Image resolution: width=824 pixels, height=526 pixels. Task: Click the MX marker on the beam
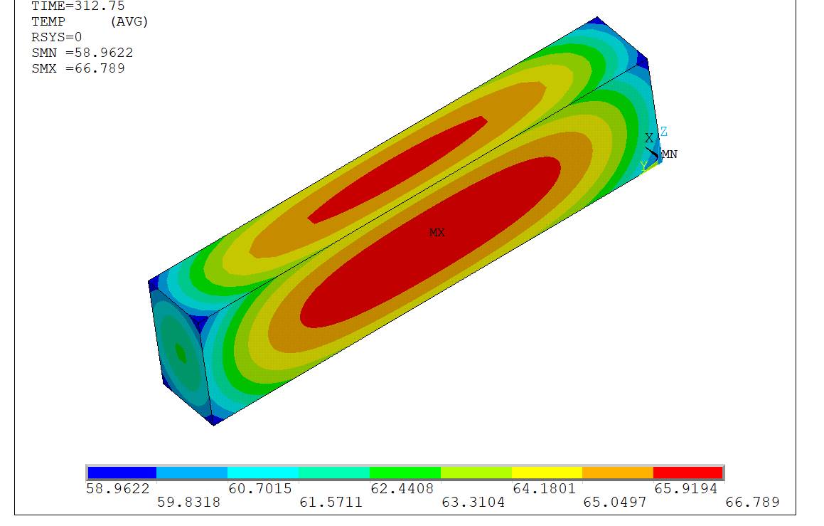[x=437, y=233]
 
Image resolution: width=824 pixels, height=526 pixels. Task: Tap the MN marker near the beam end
[x=670, y=154]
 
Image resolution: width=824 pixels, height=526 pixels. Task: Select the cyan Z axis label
[x=664, y=132]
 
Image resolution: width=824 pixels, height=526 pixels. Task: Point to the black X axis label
[x=649, y=138]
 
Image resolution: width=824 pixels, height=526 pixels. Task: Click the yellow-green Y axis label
[x=643, y=167]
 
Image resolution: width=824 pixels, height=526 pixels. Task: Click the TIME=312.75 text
[x=77, y=6]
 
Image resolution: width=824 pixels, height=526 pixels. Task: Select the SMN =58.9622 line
[x=82, y=53]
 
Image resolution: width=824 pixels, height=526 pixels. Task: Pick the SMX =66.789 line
[x=77, y=68]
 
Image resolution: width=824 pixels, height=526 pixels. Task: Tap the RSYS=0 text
[x=57, y=37]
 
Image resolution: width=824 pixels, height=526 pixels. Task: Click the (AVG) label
[x=129, y=21]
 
